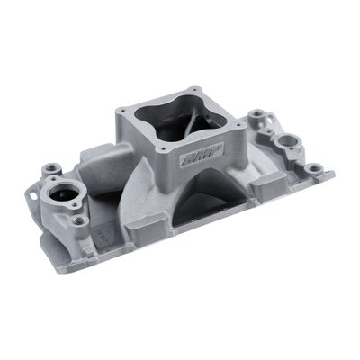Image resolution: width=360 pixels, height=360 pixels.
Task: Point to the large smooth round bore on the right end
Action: click(x=289, y=143)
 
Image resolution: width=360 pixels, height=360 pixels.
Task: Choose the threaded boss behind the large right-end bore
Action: click(x=260, y=116)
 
